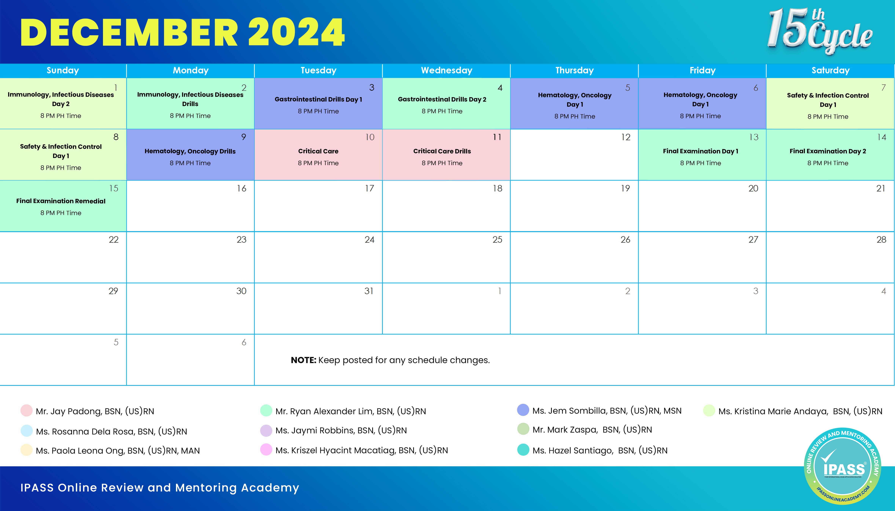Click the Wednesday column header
pos(446,70)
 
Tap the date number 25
pos(497,240)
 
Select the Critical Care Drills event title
pos(442,151)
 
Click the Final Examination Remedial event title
pos(61,201)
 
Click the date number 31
pos(369,291)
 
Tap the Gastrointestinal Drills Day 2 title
pos(442,99)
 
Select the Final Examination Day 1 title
pos(700,151)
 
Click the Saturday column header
pos(830,70)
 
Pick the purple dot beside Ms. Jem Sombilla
pos(523,410)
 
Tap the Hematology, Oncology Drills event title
pos(190,151)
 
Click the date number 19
pos(625,188)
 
